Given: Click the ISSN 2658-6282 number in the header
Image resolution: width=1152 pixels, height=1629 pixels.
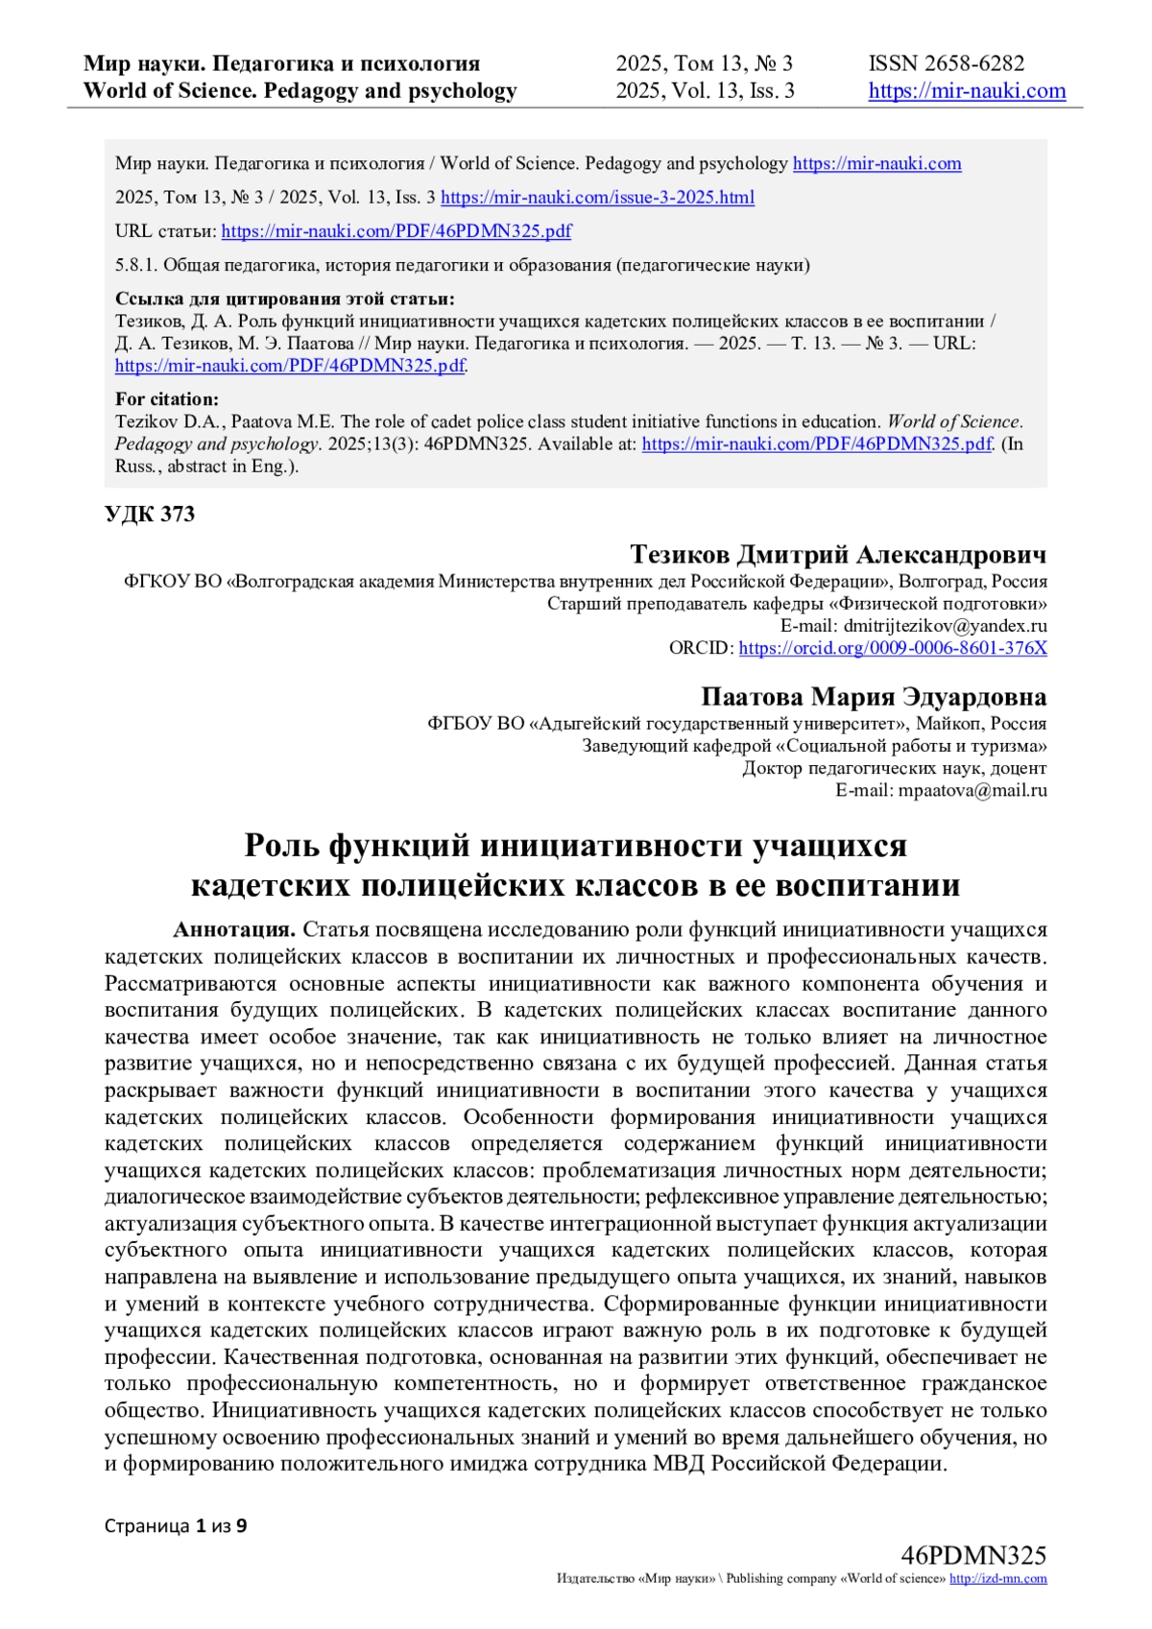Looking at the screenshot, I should pyautogui.click(x=947, y=63).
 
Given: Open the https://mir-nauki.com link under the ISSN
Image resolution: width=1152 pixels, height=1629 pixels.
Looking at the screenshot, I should pyautogui.click(x=967, y=91).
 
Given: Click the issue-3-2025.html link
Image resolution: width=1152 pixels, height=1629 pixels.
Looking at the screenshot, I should pyautogui.click(x=597, y=198).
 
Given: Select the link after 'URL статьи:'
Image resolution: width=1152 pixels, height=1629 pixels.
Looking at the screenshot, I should pyautogui.click(x=396, y=231).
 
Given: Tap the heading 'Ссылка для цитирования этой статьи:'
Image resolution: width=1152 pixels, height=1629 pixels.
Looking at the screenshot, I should pyautogui.click(x=284, y=299).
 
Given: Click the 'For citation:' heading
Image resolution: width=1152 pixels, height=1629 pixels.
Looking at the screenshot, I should pyautogui.click(x=167, y=399).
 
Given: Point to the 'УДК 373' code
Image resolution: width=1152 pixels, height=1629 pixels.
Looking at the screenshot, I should pyautogui.click(x=150, y=515).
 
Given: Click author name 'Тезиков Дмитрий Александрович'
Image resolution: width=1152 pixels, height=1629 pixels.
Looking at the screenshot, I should pyautogui.click(x=838, y=555).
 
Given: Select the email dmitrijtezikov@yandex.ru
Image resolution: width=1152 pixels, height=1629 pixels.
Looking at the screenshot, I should pyautogui.click(x=945, y=626).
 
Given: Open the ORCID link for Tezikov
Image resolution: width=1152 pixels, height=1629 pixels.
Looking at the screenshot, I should pyautogui.click(x=892, y=648).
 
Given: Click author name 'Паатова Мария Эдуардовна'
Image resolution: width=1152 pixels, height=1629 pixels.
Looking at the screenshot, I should pyautogui.click(x=874, y=697).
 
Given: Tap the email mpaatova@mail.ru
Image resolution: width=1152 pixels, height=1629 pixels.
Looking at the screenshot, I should pyautogui.click(x=972, y=791).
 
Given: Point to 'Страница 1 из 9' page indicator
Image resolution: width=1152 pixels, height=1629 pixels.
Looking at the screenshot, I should pyautogui.click(x=176, y=1525).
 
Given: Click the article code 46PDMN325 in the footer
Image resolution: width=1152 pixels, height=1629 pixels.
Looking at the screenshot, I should pyautogui.click(x=973, y=1555).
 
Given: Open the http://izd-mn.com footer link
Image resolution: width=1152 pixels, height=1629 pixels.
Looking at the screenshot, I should pyautogui.click(x=997, y=1579).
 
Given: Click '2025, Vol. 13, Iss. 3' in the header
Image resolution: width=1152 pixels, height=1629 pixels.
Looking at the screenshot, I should pyautogui.click(x=705, y=91).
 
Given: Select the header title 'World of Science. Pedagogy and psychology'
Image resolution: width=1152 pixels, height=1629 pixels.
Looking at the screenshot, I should pyautogui.click(x=300, y=91).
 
